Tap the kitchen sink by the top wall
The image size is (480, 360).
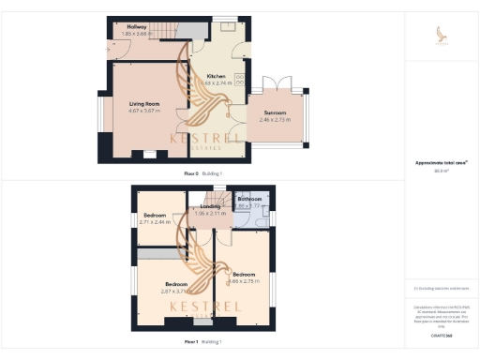[x=227, y=25]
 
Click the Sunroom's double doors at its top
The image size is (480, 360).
[x=282, y=83]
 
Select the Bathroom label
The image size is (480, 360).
[x=249, y=199]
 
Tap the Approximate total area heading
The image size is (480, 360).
[x=441, y=163]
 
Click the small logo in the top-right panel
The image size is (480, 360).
[x=441, y=35]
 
